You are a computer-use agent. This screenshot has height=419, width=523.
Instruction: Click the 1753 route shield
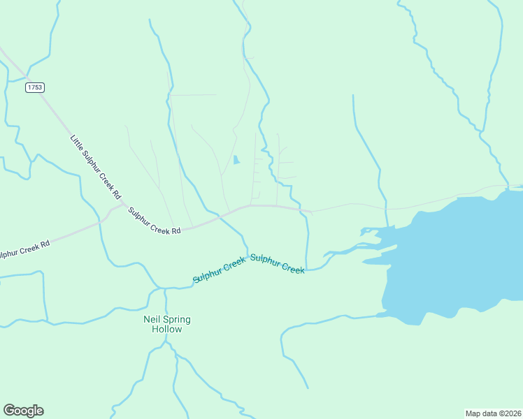(34, 87)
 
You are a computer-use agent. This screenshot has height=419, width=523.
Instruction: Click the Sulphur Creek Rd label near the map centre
(155, 221)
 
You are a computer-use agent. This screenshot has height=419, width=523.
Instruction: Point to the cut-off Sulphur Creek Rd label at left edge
(24, 249)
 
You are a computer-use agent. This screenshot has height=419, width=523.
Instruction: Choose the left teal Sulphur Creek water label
(220, 270)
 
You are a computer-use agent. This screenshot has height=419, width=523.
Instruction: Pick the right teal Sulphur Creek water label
(278, 264)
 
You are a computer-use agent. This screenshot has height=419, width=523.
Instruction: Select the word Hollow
(166, 330)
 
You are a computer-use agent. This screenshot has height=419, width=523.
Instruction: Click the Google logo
(23, 411)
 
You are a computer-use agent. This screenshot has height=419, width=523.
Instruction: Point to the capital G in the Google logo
(9, 411)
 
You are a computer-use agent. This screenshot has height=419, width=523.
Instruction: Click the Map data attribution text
(493, 413)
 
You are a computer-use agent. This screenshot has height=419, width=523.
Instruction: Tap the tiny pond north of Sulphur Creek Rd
(236, 160)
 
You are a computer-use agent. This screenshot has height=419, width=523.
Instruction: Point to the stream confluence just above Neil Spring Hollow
(165, 288)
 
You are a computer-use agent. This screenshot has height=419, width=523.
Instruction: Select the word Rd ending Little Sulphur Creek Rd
(116, 192)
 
